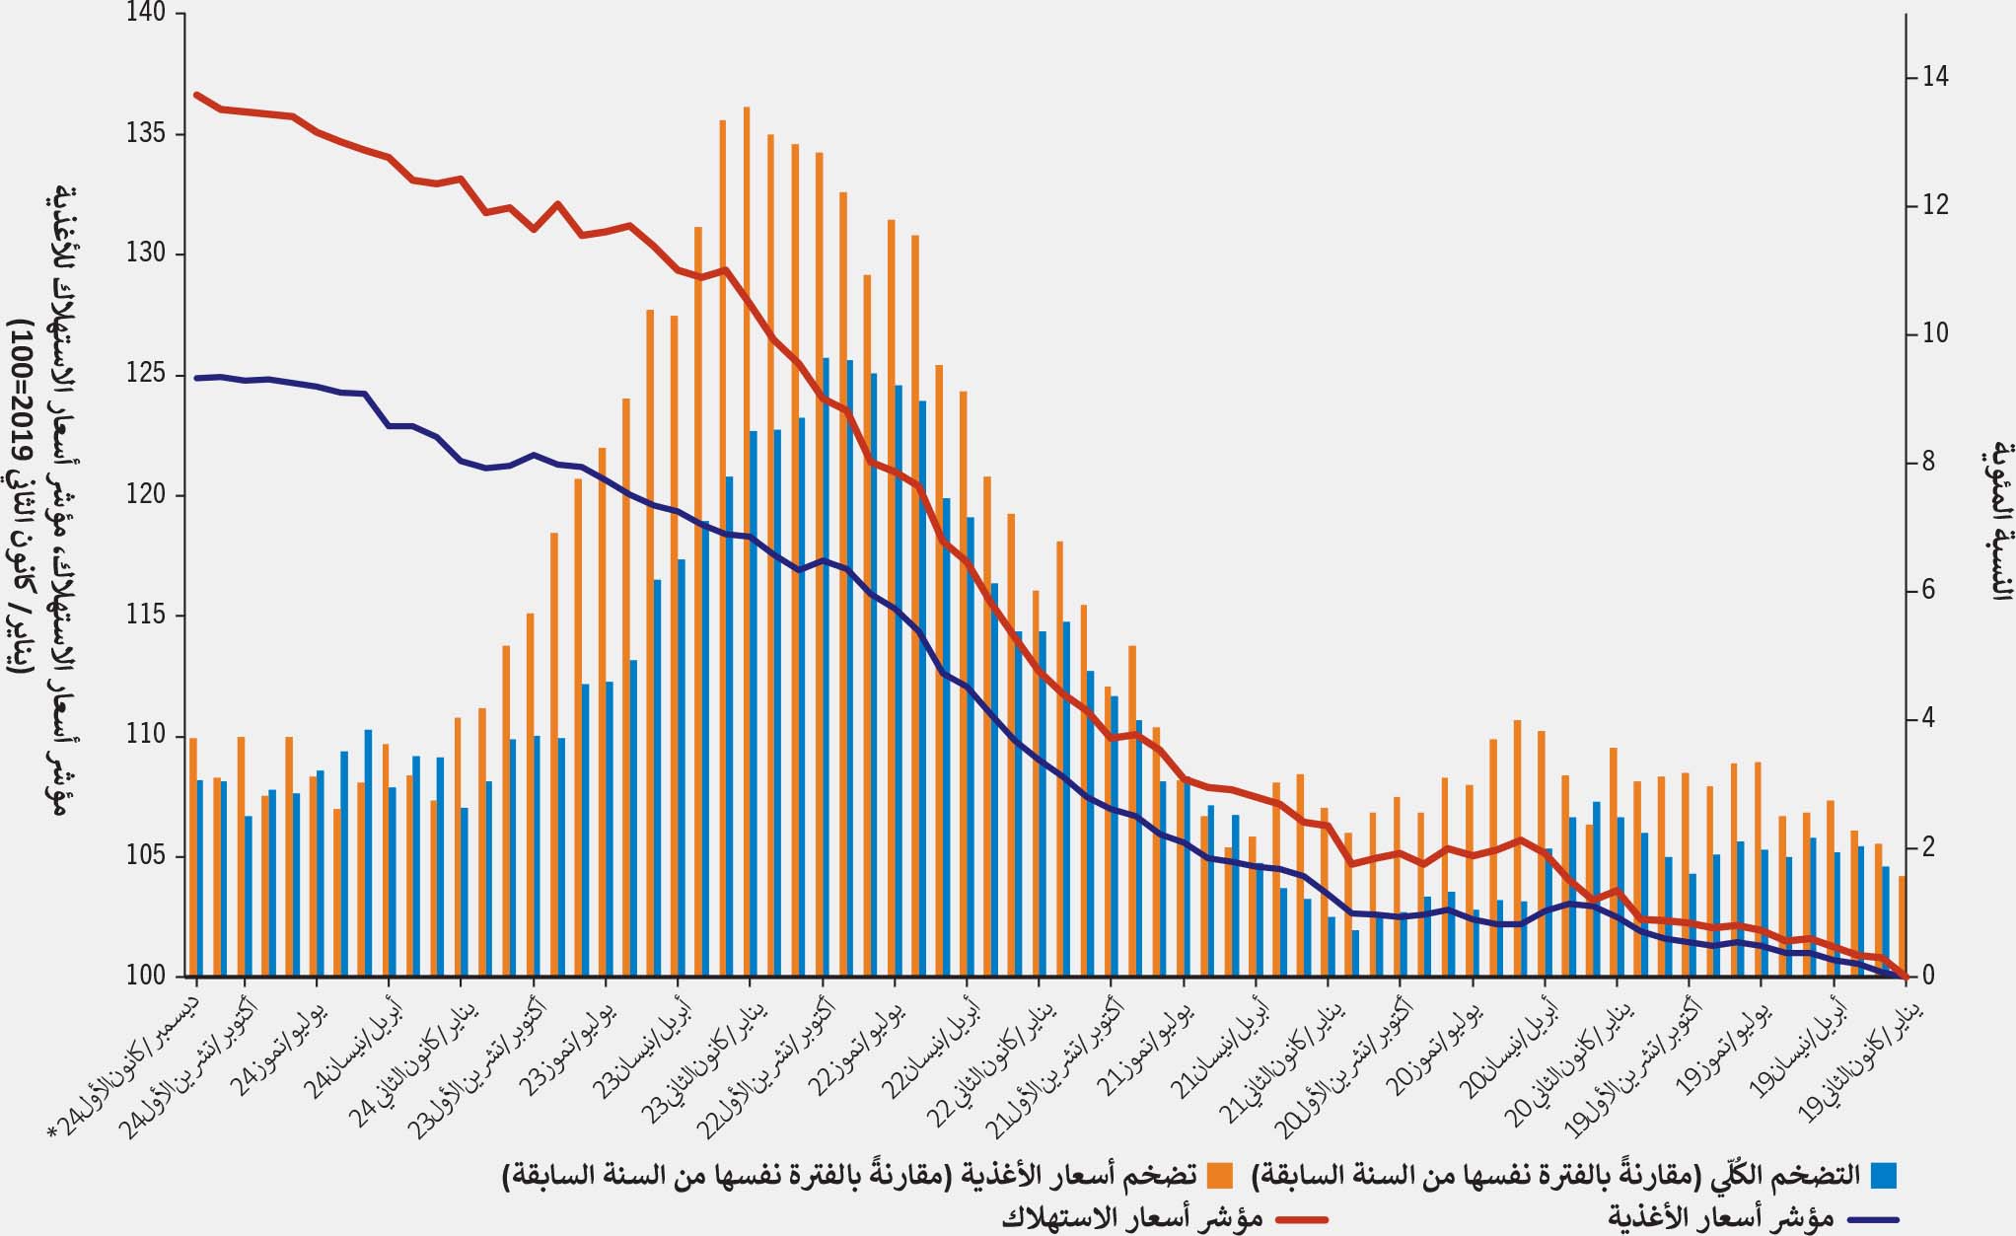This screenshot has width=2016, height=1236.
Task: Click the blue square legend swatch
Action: (1885, 1175)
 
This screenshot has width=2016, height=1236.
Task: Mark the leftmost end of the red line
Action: (197, 95)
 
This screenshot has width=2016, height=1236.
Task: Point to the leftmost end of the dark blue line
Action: (197, 378)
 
